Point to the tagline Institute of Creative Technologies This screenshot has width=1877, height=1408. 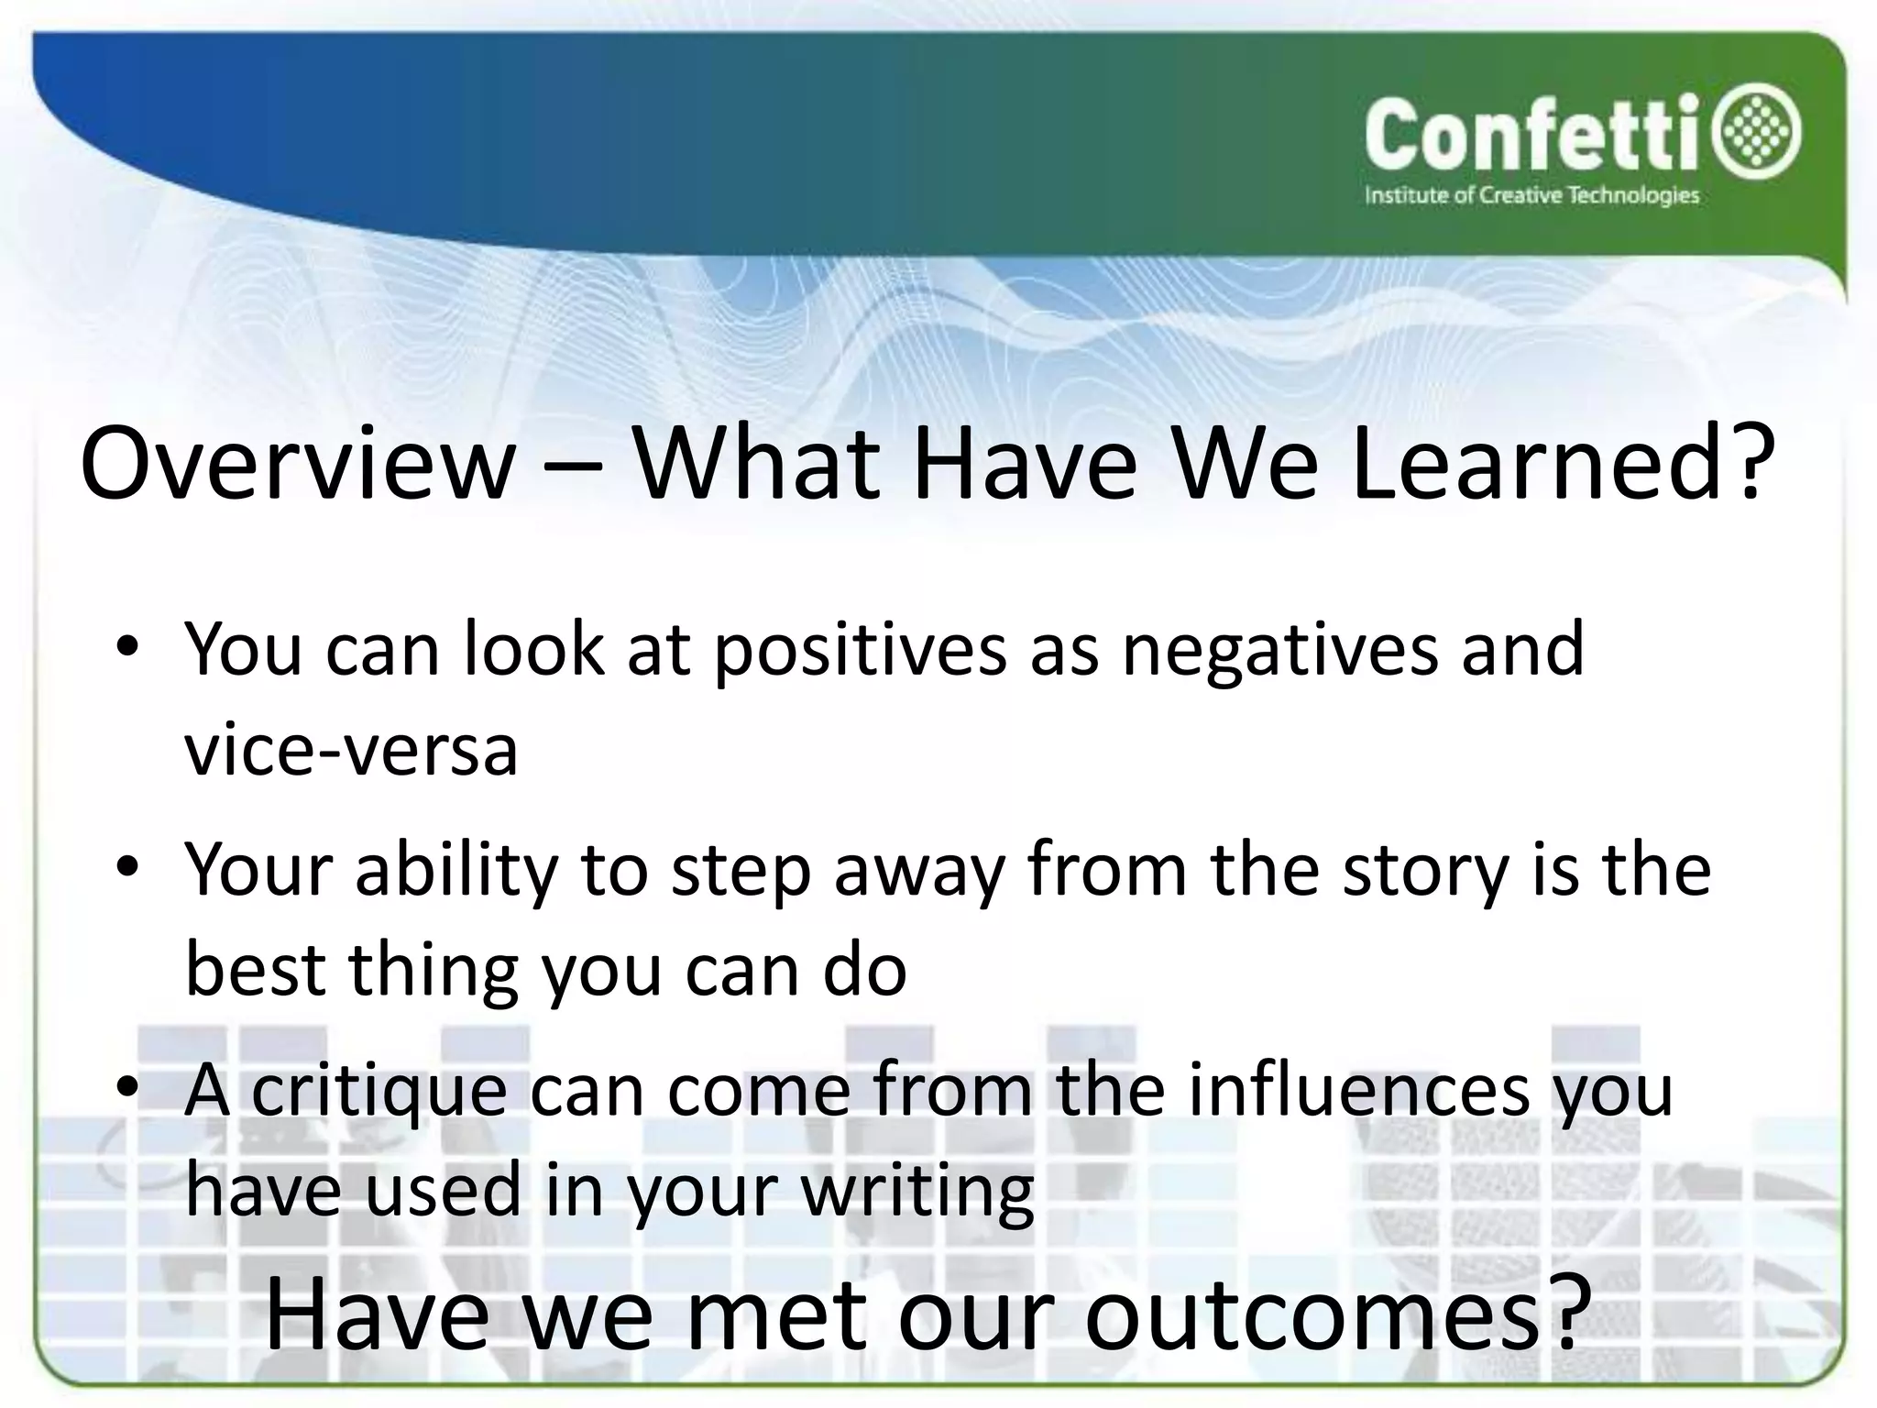click(1531, 196)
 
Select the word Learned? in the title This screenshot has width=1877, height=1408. click(1555, 462)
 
